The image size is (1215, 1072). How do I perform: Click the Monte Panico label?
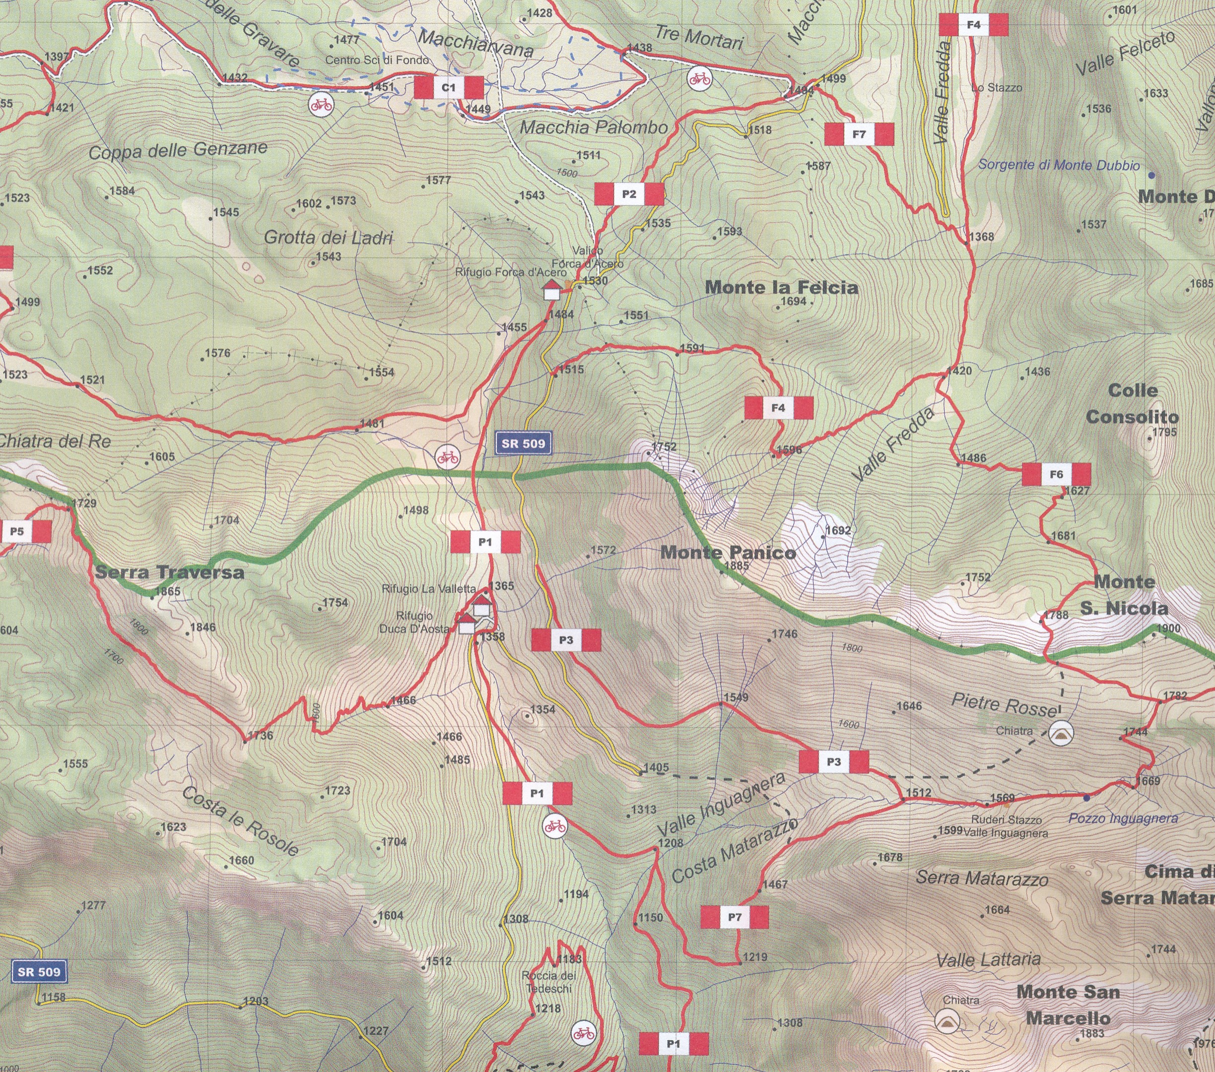(728, 553)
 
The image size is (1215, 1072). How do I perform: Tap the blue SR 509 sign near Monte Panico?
(523, 443)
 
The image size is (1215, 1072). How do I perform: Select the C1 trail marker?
(448, 88)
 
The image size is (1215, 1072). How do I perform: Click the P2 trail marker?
(629, 194)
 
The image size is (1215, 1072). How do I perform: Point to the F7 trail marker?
(859, 134)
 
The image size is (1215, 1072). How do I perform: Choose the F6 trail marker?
(1056, 474)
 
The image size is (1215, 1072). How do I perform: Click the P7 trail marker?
(734, 917)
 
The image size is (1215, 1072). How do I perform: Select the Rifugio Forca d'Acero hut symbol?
(551, 291)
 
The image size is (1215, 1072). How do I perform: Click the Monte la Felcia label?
(781, 288)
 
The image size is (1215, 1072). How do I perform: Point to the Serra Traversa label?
(169, 572)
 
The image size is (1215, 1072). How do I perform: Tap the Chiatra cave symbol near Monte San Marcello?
(946, 1020)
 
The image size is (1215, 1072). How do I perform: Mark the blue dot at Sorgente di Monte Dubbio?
(1151, 175)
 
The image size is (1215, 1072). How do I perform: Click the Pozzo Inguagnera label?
(1123, 818)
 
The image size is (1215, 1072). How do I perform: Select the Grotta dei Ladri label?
(329, 238)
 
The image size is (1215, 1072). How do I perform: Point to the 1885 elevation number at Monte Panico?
(737, 566)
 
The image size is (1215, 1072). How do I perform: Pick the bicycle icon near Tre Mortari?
(700, 78)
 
